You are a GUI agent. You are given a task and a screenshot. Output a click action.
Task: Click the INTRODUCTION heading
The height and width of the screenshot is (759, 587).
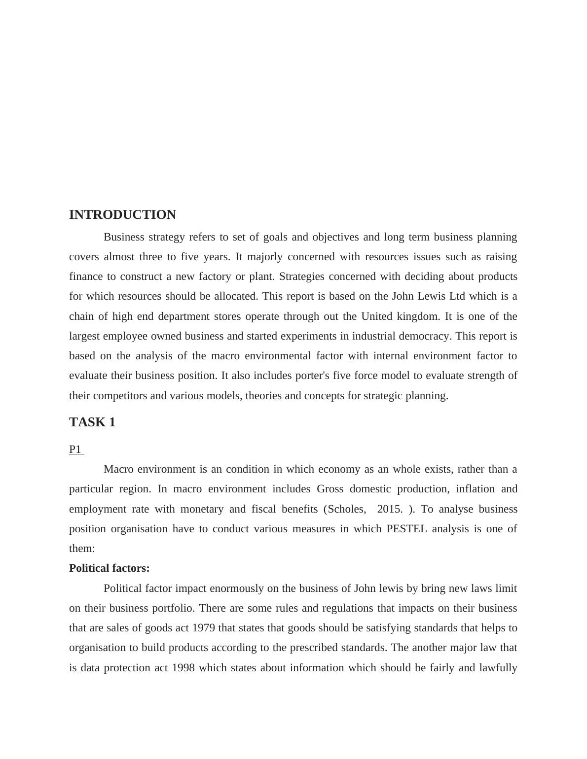coord(122,215)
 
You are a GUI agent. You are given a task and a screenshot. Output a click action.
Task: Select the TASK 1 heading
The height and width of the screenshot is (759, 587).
coord(92,422)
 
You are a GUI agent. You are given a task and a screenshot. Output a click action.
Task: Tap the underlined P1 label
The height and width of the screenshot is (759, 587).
coord(75,449)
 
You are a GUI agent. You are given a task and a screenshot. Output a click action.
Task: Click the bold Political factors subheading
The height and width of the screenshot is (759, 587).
coord(109,568)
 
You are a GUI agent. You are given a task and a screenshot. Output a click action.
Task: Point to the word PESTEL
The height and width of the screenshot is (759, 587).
coord(406,529)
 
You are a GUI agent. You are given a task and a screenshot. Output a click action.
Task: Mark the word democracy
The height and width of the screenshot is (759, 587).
coord(428,336)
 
